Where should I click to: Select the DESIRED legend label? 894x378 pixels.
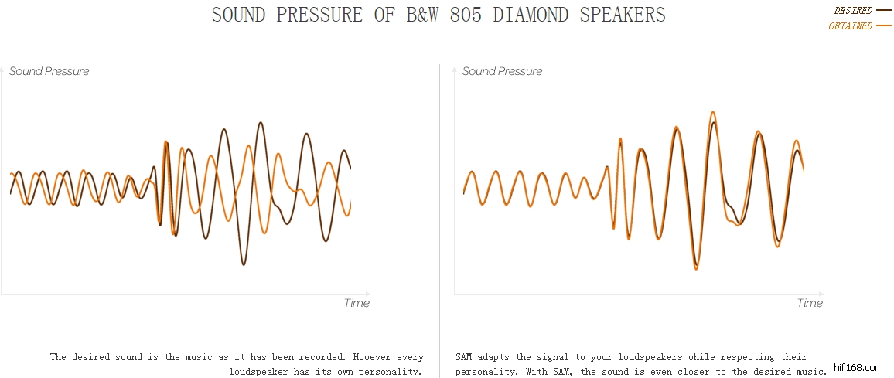click(x=852, y=11)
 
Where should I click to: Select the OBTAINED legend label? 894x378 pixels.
click(x=850, y=26)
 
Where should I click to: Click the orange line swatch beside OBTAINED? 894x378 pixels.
click(x=884, y=26)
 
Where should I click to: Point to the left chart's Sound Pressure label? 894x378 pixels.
click(x=49, y=71)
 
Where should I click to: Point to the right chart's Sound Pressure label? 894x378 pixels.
click(x=503, y=71)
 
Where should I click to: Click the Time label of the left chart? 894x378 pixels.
click(x=357, y=303)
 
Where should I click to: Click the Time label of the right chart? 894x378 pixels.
click(x=810, y=303)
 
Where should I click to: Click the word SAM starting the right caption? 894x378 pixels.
click(x=464, y=357)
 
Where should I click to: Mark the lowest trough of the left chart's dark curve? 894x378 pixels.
click(x=244, y=264)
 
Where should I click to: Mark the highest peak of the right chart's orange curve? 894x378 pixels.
click(x=712, y=112)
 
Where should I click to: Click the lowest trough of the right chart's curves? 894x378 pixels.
click(x=696, y=268)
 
